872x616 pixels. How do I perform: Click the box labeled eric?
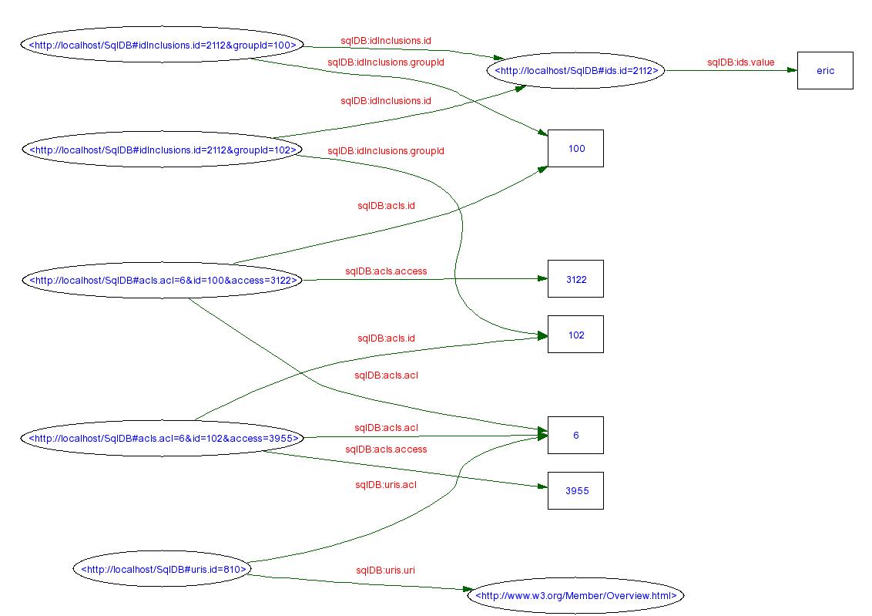pyautogui.click(x=825, y=71)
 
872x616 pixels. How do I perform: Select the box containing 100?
pyautogui.click(x=575, y=149)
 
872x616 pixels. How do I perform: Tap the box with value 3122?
pyautogui.click(x=575, y=279)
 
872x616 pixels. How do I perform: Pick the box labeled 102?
pyautogui.click(x=575, y=335)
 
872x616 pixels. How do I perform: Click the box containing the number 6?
pyautogui.click(x=575, y=436)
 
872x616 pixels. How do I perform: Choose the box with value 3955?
pyautogui.click(x=575, y=491)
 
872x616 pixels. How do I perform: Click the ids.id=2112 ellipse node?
pyautogui.click(x=575, y=71)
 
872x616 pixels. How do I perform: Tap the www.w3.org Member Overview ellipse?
pyautogui.click(x=575, y=595)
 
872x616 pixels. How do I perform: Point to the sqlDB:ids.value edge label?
pyautogui.click(x=740, y=62)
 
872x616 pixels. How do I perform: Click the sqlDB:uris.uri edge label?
pyautogui.click(x=385, y=571)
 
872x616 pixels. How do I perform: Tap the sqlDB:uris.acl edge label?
pyautogui.click(x=385, y=485)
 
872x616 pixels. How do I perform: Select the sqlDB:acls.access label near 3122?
pyautogui.click(x=385, y=271)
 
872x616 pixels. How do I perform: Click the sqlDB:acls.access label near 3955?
pyautogui.click(x=385, y=449)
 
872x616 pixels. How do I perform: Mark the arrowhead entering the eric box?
pyautogui.click(x=791, y=71)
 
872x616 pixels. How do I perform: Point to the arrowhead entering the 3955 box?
pyautogui.click(x=542, y=487)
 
